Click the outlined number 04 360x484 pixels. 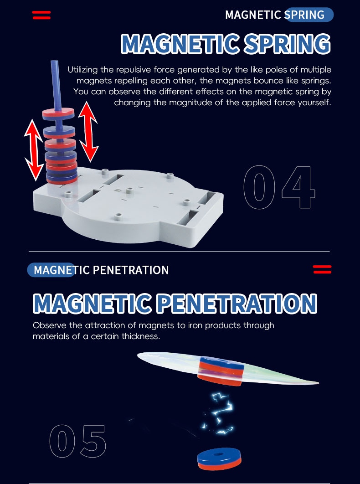[279, 187]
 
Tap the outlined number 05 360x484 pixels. [78, 441]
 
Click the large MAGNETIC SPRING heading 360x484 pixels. [226, 43]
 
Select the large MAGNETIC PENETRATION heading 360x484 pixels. [175, 303]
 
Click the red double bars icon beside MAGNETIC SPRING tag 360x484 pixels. [41, 15]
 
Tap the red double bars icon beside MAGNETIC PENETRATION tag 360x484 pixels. [322, 269]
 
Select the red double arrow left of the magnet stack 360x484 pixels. [33, 149]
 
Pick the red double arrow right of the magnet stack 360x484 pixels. [88, 132]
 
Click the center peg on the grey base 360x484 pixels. [129, 191]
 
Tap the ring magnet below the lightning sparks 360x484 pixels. [219, 458]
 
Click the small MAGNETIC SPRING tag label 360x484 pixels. [275, 15]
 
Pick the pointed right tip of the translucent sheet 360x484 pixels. [319, 383]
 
